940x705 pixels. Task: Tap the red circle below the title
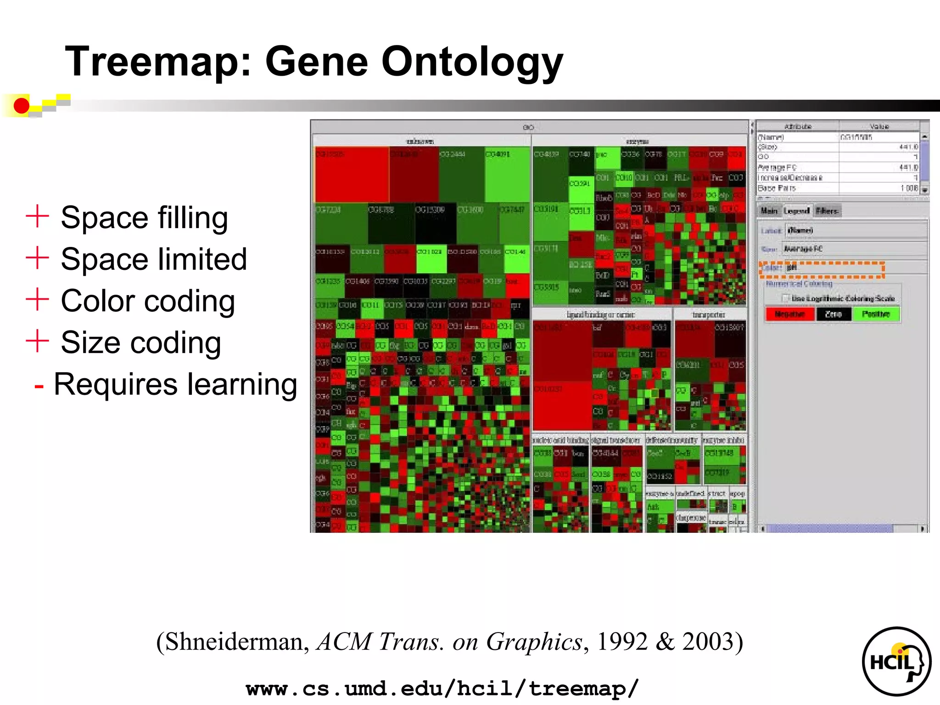point(21,106)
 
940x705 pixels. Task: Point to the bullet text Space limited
point(154,259)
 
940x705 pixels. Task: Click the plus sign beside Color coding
point(37,300)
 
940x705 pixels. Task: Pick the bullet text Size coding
point(141,343)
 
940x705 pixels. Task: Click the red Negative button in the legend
point(789,314)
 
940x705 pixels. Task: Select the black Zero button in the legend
point(833,314)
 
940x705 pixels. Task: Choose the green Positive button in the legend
point(875,314)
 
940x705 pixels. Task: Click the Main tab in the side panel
point(769,211)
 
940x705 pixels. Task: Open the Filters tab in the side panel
point(827,211)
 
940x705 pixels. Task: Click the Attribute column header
point(797,126)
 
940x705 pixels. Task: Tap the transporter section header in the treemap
point(709,315)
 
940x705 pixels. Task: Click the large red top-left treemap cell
point(352,174)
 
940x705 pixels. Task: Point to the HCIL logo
point(896,661)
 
